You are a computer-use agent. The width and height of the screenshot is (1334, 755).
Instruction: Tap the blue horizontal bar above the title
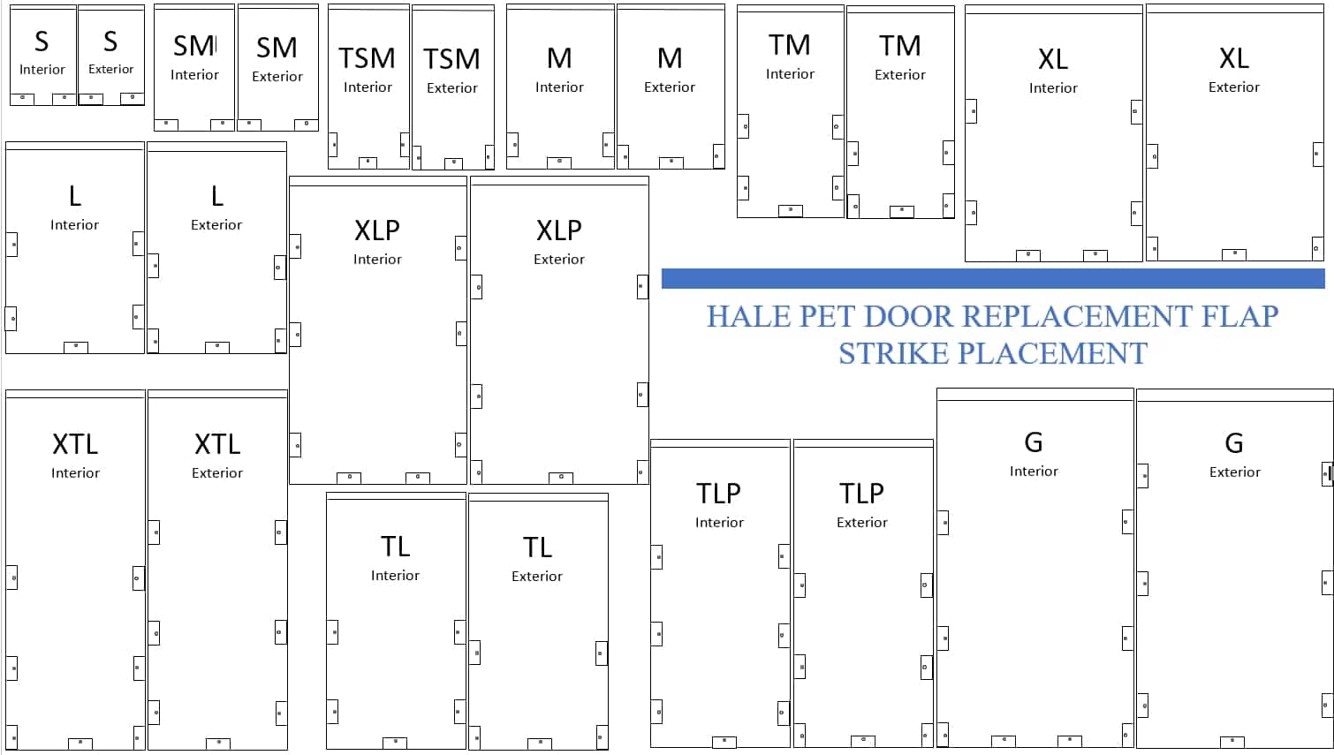pos(993,279)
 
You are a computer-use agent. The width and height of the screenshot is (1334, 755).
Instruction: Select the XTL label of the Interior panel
pos(75,443)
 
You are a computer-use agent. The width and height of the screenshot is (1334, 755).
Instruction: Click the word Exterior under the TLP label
pos(862,523)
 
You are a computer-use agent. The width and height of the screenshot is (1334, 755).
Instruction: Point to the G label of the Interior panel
pos(1034,442)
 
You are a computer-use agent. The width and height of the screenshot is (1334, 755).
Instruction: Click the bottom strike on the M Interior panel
pos(559,162)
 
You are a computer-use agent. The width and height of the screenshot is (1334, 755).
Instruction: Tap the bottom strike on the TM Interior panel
pos(790,210)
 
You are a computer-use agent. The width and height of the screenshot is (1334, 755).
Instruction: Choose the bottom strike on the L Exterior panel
pos(217,347)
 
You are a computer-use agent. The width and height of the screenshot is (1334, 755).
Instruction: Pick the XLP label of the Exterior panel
pos(559,230)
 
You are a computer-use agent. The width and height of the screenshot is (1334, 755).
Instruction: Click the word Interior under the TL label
pos(395,576)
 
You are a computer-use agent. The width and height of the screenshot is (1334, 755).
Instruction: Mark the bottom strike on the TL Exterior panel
pos(540,744)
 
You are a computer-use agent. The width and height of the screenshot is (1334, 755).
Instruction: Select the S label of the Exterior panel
pos(110,41)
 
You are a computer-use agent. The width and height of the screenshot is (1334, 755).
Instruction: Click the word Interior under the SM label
pos(194,75)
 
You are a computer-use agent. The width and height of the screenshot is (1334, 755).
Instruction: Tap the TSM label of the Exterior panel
pos(451,59)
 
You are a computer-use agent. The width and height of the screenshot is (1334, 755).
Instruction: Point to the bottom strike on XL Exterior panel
pos(1234,254)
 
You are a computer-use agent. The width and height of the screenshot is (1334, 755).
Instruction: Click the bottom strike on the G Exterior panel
pos(1232,742)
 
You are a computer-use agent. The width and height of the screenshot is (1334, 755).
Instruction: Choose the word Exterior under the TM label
pos(900,75)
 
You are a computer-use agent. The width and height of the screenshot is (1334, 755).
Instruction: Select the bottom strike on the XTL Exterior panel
pos(218,744)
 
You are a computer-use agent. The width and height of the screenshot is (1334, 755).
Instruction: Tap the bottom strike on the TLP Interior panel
pos(724,742)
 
